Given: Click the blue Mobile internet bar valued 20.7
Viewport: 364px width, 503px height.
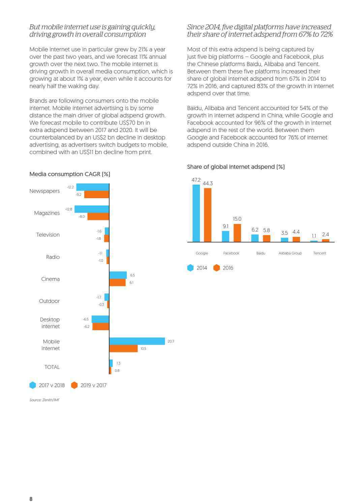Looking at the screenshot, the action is [137, 341].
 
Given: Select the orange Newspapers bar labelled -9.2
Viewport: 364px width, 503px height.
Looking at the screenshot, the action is [97, 194].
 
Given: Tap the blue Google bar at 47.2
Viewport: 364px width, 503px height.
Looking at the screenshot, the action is [196, 213].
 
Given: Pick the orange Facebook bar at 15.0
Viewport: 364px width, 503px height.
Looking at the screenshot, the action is [237, 233].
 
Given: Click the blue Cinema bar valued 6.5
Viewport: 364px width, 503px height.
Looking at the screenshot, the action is [118, 275].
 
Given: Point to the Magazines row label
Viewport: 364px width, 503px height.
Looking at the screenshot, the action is [47, 213].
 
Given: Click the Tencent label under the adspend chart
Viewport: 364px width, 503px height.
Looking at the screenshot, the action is [320, 253].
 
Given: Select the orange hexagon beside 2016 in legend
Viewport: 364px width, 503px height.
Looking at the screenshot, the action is [217, 268].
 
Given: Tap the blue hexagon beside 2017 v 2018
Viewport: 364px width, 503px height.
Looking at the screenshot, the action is [33, 385].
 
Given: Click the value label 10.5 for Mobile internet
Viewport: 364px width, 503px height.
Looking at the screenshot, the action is [143, 348].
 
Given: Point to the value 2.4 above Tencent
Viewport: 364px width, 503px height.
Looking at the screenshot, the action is [325, 234].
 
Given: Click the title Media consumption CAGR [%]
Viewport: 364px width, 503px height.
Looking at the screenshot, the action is [70, 174].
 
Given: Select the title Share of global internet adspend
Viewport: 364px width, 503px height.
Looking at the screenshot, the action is [236, 167].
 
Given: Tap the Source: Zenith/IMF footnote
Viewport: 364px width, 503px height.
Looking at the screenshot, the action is [44, 400].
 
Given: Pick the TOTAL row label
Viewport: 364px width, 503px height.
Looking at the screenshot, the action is [52, 367].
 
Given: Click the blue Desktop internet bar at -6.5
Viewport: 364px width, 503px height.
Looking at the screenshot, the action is [100, 319].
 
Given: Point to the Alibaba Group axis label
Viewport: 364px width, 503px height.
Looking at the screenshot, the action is [290, 253].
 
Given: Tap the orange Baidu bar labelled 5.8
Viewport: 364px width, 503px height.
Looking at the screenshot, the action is [267, 239].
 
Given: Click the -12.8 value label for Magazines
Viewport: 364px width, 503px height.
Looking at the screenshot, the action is [69, 209].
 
